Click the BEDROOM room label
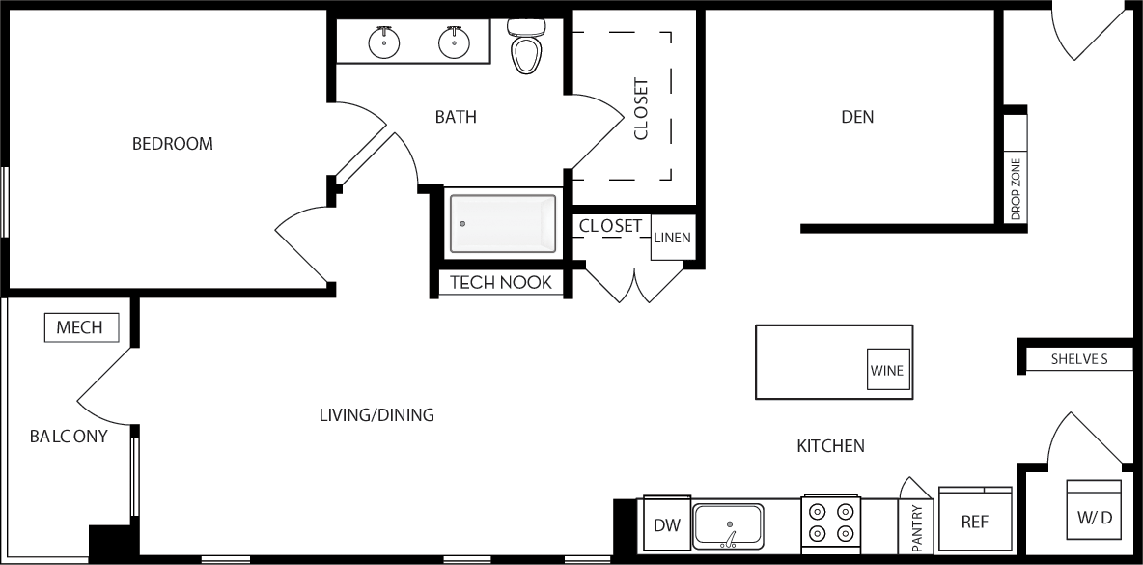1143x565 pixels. coord(172,144)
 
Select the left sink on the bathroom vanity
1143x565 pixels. coord(383,42)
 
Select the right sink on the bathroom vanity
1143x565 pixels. coord(453,42)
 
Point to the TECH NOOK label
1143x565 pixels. coord(501,282)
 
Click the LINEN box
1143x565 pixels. coord(672,238)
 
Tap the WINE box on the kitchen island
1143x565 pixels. coord(887,370)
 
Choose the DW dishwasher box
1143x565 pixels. coord(667,524)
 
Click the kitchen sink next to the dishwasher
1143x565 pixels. coord(729,525)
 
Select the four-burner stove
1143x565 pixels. coord(830,523)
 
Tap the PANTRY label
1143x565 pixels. coord(916,527)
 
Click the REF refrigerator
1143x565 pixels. coord(975,522)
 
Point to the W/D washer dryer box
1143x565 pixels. coord(1094,518)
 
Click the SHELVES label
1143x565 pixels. coord(1078,360)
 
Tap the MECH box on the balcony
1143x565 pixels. coord(81,327)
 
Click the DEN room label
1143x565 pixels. coord(857,117)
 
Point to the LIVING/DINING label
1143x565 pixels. coord(376,415)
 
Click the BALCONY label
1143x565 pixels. coord(69,437)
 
